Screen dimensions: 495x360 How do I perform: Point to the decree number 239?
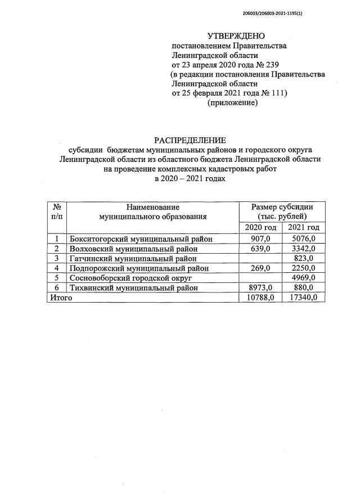tap(272, 65)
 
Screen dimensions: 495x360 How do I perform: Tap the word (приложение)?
tap(232, 103)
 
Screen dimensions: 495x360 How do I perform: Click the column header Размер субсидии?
tap(282, 207)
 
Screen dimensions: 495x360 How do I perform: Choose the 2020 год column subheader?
tap(260, 227)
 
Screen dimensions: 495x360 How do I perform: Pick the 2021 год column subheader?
tap(303, 227)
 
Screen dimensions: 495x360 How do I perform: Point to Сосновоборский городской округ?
tap(130, 278)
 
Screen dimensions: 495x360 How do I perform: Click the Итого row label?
tap(61, 298)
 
